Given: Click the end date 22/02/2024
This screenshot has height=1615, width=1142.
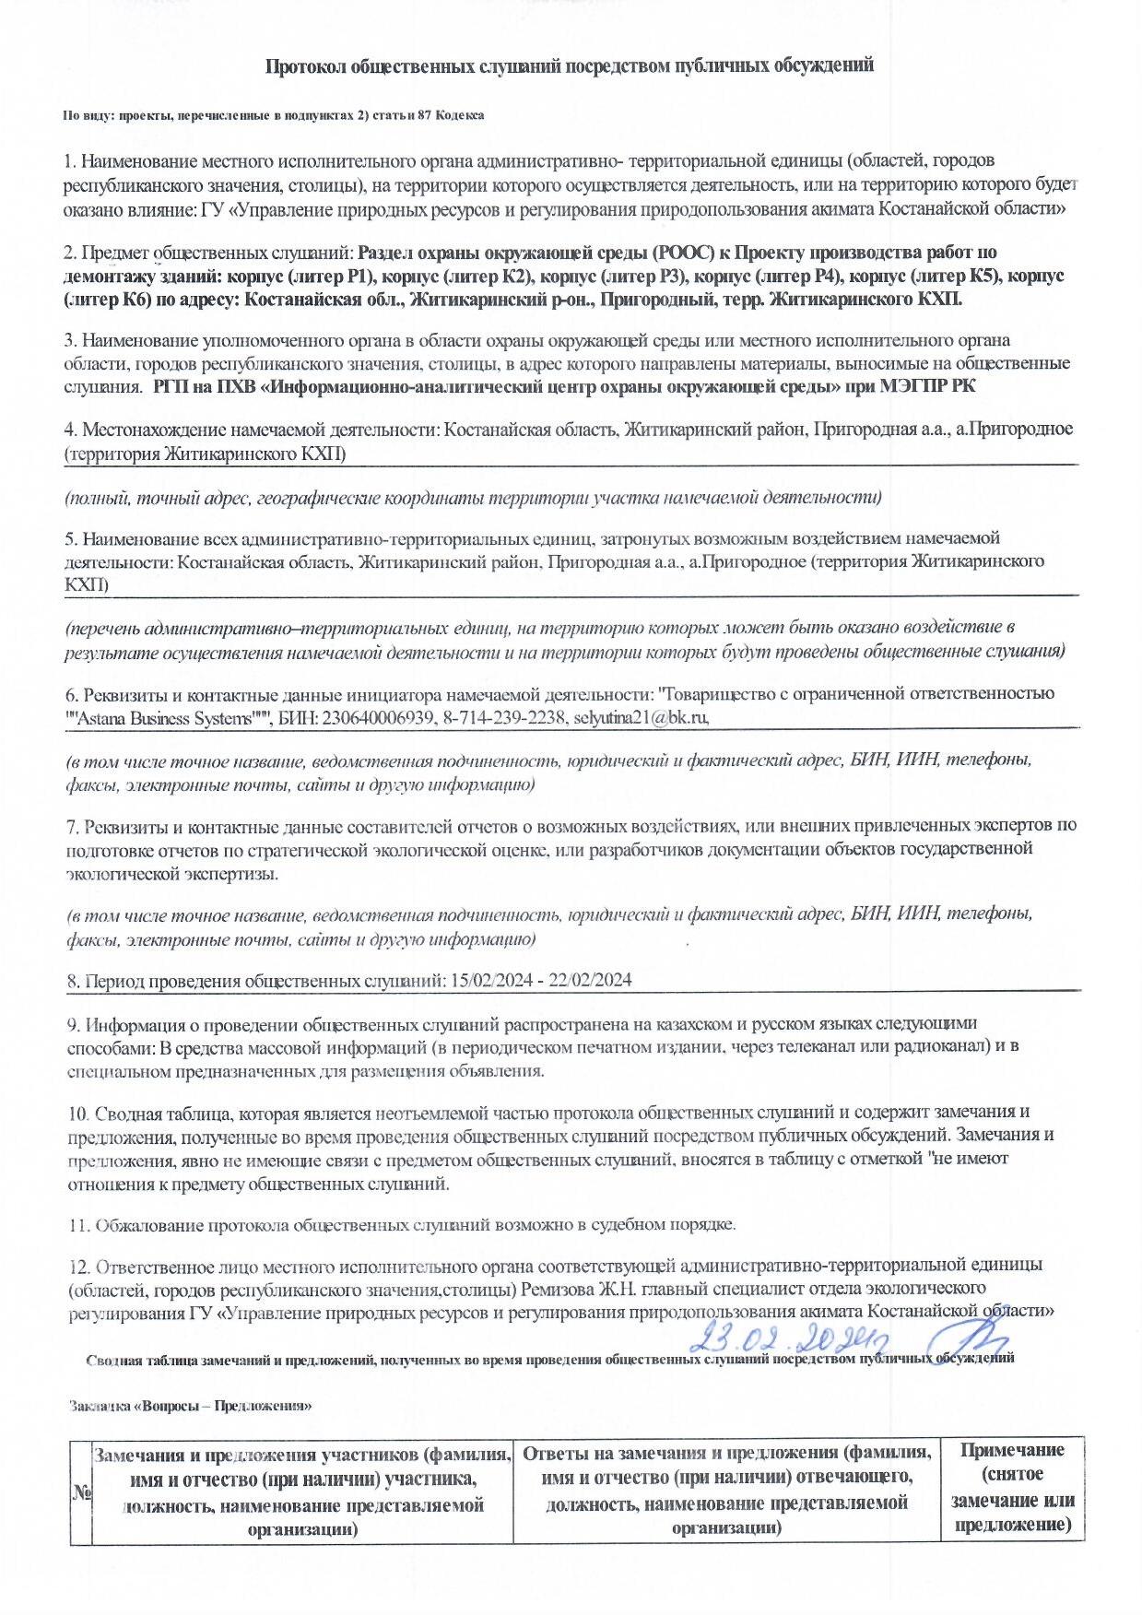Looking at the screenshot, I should [590, 980].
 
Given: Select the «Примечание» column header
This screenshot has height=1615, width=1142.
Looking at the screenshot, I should [1012, 1449].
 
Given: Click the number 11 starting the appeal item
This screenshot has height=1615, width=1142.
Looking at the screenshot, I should [77, 1225].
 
